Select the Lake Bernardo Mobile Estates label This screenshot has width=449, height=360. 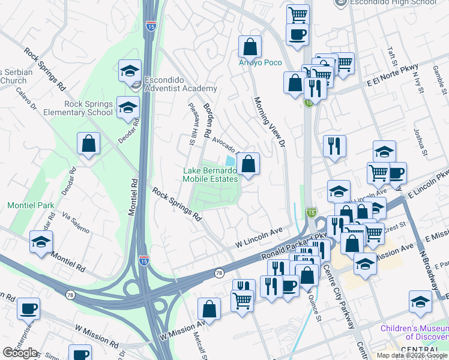(210, 174)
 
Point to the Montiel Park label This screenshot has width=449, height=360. (31, 205)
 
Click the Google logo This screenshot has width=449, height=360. (20, 353)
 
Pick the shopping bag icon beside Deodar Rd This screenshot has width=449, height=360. (89, 144)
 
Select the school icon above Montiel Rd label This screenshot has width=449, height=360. (41, 242)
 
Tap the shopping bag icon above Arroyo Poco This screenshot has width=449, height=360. (250, 47)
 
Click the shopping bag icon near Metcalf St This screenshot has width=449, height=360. (209, 310)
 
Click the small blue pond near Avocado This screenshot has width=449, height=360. (230, 161)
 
